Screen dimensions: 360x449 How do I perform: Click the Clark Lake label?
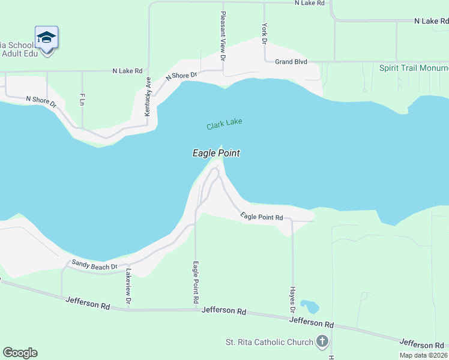[224, 124]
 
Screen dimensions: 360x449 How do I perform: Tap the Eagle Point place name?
[216, 154]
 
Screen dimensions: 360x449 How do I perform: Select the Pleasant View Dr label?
[223, 36]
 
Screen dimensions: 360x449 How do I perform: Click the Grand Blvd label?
[291, 62]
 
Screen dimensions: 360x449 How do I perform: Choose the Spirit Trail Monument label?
[414, 68]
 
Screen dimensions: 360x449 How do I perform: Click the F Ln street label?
[82, 100]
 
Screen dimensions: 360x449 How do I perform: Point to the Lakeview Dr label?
[127, 284]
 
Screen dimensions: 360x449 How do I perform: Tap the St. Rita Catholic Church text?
[269, 343]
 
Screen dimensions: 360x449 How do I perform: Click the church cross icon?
[322, 342]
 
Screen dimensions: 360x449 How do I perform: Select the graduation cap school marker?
[46, 38]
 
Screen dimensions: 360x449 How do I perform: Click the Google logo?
[20, 353]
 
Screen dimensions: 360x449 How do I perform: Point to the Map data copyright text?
[424, 355]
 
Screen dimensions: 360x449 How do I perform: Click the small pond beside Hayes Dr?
[310, 307]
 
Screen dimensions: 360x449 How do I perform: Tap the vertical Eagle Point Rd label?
[196, 281]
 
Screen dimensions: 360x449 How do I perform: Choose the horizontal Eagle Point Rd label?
[262, 217]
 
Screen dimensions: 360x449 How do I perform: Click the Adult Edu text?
[21, 54]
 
